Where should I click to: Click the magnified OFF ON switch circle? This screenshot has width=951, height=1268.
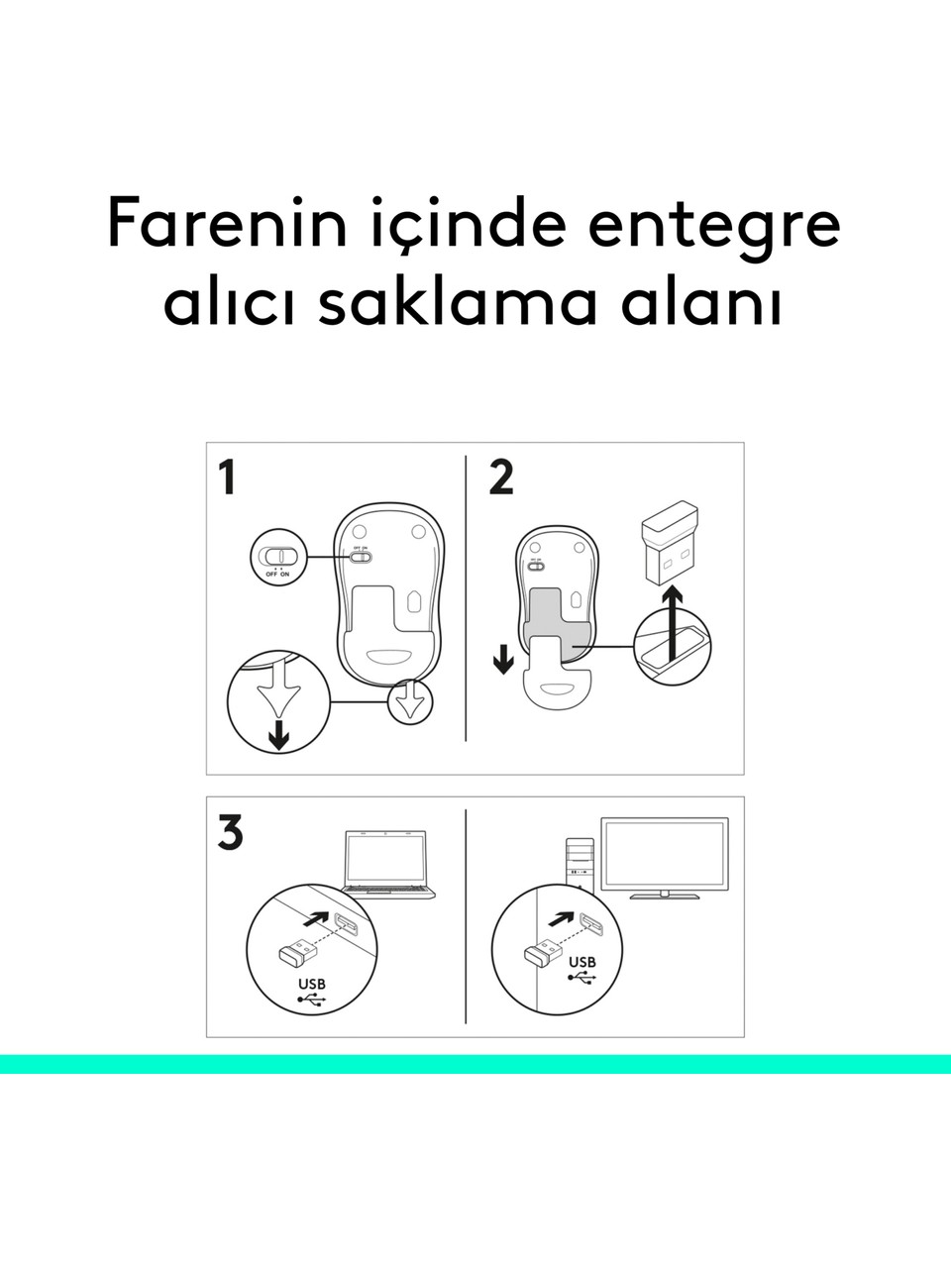click(279, 558)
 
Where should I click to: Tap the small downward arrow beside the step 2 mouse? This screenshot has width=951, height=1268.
click(503, 660)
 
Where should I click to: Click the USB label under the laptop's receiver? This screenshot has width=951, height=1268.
click(312, 984)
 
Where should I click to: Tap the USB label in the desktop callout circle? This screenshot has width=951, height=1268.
click(582, 962)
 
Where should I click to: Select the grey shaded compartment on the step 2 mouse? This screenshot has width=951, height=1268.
click(557, 623)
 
